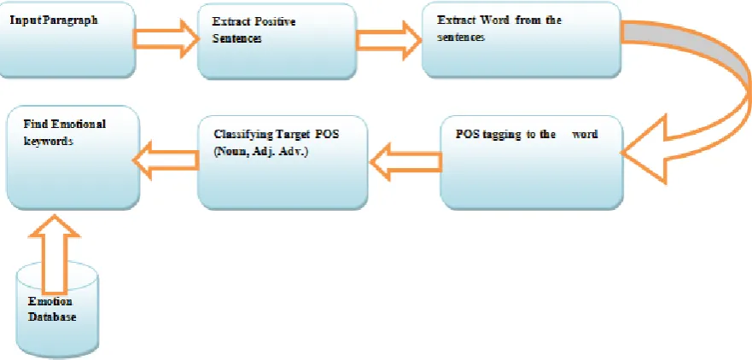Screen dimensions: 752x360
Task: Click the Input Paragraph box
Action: [x=67, y=39]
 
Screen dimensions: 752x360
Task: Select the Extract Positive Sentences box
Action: [x=277, y=41]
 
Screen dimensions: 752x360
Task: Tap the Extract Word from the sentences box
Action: [x=522, y=39]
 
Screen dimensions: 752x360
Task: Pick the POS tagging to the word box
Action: [x=532, y=162]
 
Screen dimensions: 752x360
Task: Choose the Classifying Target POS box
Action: [x=283, y=162]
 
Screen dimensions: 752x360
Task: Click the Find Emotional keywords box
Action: [x=73, y=158]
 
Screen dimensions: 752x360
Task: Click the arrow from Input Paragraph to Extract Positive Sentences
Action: [x=166, y=39]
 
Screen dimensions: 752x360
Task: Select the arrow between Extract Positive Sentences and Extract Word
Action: [x=388, y=40]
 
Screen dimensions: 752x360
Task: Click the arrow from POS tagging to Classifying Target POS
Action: [x=405, y=161]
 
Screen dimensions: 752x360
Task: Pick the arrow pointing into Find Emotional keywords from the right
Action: [x=166, y=160]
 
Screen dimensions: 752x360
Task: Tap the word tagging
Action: [x=498, y=135]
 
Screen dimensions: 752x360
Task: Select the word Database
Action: [x=52, y=316]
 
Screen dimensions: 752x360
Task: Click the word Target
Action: [x=298, y=134]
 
